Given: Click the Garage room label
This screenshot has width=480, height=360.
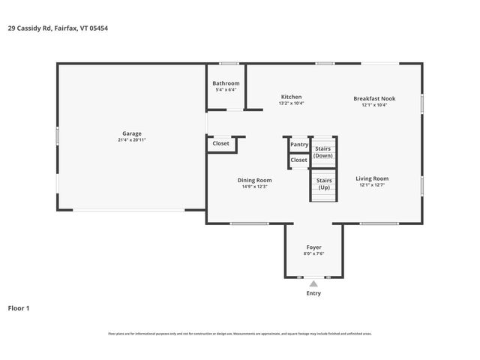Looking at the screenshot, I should (131, 133).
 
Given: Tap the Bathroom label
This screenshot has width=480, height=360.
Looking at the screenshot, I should (226, 83).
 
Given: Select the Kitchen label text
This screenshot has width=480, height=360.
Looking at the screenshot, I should (291, 97).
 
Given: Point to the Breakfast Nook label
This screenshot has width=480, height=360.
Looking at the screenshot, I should (374, 98).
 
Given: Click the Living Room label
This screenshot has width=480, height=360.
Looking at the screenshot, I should (372, 178).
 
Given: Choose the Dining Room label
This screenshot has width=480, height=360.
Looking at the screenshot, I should (254, 180).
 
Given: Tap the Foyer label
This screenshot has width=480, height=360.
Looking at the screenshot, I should (313, 247).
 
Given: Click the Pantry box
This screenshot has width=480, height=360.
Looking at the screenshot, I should (299, 144).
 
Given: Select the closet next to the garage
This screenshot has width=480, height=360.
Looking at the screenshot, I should (220, 143).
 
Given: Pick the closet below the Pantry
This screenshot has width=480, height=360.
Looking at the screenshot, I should (299, 160).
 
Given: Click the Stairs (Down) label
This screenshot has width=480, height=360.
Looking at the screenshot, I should (323, 151).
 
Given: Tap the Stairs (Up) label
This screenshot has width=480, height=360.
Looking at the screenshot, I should (324, 184).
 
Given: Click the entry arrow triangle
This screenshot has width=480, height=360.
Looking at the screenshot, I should (313, 283).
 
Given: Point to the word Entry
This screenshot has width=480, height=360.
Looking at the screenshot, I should (313, 293).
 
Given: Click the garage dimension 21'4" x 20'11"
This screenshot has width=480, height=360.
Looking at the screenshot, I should (131, 140).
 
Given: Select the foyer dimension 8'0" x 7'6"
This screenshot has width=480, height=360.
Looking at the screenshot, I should (313, 254).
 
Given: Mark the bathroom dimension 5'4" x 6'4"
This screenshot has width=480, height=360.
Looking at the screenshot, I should (226, 90).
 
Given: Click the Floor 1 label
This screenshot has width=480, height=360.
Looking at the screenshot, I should (19, 307).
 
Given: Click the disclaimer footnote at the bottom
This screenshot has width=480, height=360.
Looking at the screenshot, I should (240, 334).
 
